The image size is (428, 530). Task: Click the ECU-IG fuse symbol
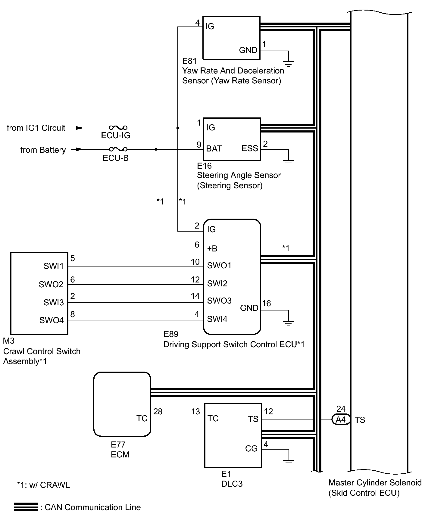(118, 128)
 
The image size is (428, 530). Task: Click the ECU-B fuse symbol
(118, 149)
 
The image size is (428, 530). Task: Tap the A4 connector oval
(341, 419)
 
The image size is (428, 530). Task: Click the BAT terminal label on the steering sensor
(214, 148)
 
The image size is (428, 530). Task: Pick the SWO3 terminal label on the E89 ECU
(219, 301)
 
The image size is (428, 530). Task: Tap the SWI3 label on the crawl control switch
(54, 302)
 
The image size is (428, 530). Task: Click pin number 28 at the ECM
(158, 411)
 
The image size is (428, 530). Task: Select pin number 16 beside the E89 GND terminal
(267, 303)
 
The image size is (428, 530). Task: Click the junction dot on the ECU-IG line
(178, 128)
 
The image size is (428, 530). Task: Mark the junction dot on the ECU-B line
(156, 149)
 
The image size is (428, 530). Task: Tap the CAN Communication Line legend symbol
(26, 507)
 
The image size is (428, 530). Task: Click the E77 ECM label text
(120, 449)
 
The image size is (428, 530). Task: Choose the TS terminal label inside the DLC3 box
(253, 419)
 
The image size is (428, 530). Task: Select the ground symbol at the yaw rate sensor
(289, 64)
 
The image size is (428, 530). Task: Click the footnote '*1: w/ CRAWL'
(43, 485)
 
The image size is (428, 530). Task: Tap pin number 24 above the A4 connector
(341, 409)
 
